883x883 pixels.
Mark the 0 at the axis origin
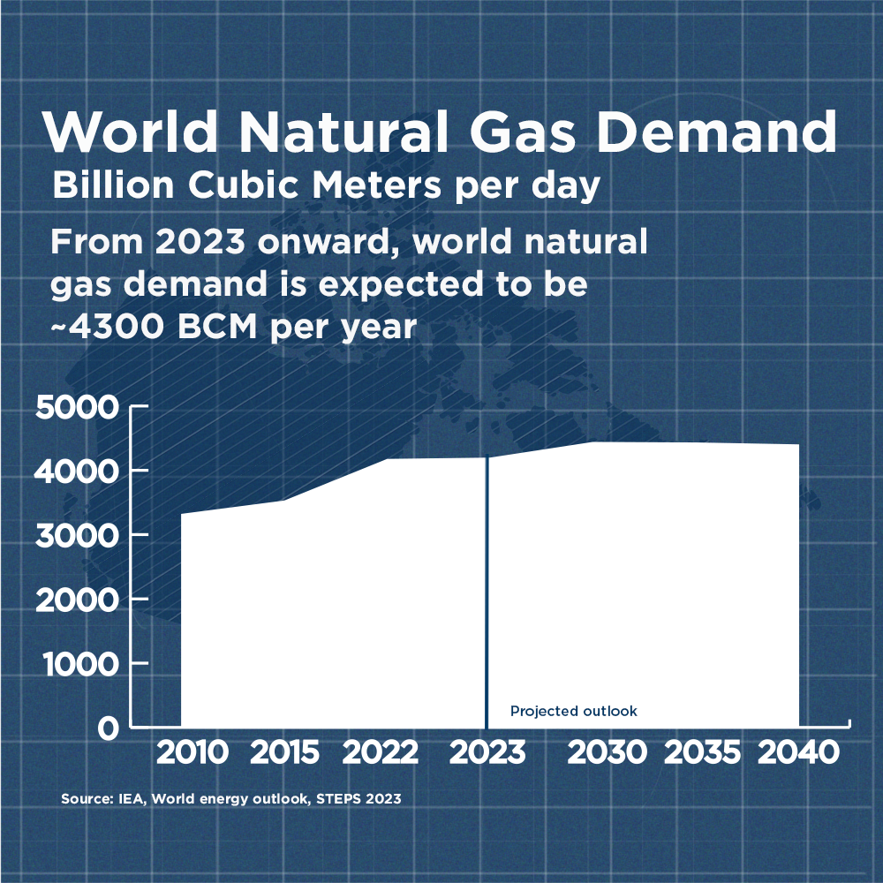point(108,728)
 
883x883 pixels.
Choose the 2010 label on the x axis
point(192,753)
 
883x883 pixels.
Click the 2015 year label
point(284,753)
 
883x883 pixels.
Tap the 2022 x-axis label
point(380,753)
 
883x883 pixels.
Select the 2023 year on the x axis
point(487,753)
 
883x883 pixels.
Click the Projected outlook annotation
point(573,712)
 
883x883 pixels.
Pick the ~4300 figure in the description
point(107,328)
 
